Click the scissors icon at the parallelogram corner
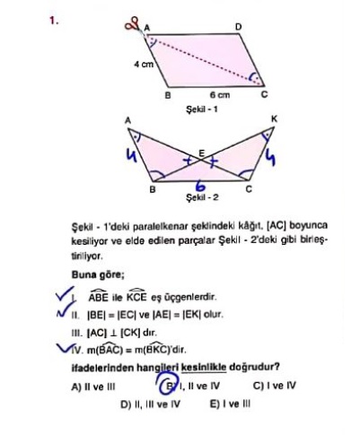point(134,25)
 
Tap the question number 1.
point(54,22)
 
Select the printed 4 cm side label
point(144,64)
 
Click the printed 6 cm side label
point(220,95)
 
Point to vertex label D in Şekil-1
point(238,27)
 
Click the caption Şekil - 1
point(202,109)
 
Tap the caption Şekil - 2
point(202,197)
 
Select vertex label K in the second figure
point(274,119)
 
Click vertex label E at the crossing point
point(202,153)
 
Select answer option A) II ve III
point(93,387)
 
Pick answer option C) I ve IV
point(274,386)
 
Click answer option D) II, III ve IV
point(151,405)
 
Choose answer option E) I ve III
point(230,405)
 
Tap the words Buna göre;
point(98,274)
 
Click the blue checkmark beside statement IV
point(64,347)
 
